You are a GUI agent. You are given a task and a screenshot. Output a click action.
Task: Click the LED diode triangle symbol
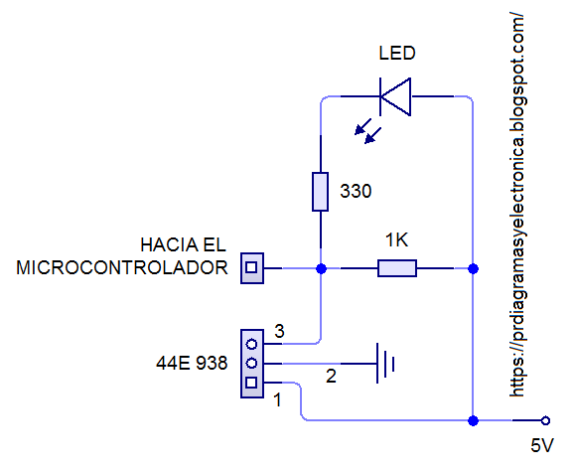pyautogui.click(x=395, y=96)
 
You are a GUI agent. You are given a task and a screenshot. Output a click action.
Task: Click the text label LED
pyautogui.click(x=397, y=54)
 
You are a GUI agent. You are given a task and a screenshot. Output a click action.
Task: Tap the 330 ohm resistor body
pyautogui.click(x=320, y=192)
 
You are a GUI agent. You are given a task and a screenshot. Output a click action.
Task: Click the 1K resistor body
pyautogui.click(x=396, y=268)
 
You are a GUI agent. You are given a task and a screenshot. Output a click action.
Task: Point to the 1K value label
pyautogui.click(x=397, y=240)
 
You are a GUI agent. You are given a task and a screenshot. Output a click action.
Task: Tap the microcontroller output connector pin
pyautogui.click(x=252, y=267)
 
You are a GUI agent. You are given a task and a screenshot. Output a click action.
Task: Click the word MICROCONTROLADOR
pyautogui.click(x=121, y=268)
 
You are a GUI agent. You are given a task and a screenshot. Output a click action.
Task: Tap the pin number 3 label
pyautogui.click(x=280, y=332)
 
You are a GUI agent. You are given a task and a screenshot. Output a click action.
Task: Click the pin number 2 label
pyautogui.click(x=332, y=377)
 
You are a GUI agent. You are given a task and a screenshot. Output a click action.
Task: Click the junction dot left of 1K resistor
pyautogui.click(x=320, y=268)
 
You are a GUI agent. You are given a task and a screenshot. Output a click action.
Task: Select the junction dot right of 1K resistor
pyautogui.click(x=473, y=268)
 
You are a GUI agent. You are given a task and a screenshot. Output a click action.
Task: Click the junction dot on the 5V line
pyautogui.click(x=473, y=420)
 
